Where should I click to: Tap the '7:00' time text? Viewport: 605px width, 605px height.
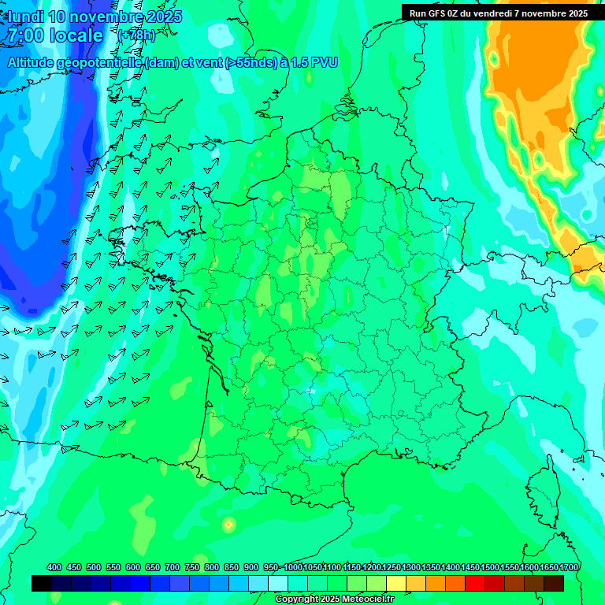click(x=25, y=35)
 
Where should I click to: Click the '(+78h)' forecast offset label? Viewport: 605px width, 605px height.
click(x=136, y=35)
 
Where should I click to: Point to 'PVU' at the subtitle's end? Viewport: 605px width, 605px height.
click(x=325, y=62)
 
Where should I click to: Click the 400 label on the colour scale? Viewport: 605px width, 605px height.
click(x=54, y=567)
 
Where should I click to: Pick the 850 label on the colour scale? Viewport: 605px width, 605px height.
click(x=232, y=567)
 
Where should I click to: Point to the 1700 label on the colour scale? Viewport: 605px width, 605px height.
click(x=569, y=567)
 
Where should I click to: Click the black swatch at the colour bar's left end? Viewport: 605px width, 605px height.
click(x=42, y=583)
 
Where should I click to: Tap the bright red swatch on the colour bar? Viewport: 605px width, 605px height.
click(x=475, y=583)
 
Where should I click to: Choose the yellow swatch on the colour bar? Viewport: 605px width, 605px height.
click(x=396, y=583)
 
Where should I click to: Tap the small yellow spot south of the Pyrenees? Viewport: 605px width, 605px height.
click(x=228, y=523)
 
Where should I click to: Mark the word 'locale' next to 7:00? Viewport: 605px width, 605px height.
click(x=76, y=35)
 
